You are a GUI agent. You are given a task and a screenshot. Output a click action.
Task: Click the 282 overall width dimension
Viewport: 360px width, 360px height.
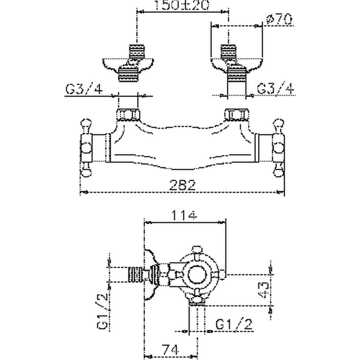183,186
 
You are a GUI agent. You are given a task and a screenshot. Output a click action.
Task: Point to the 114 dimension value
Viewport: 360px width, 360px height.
185,216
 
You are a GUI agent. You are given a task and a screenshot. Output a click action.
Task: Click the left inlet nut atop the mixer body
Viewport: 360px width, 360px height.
129,114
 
